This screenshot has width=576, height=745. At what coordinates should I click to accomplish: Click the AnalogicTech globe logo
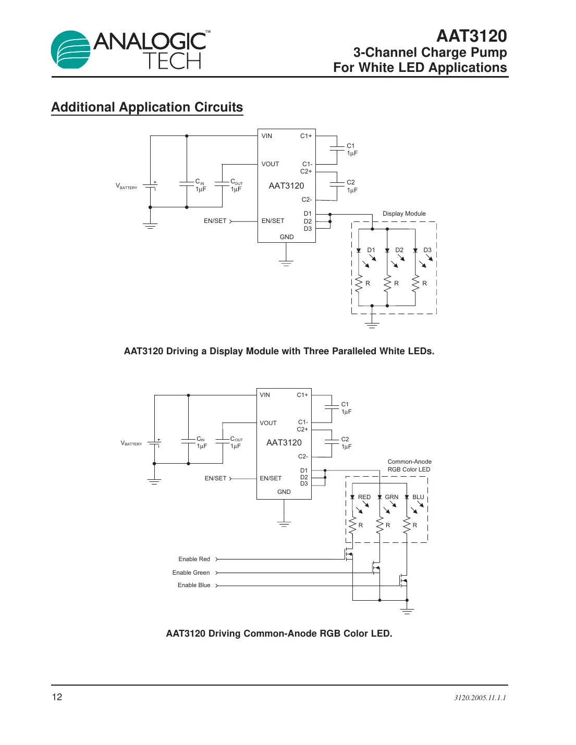(71, 49)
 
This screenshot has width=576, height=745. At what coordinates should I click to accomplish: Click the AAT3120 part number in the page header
(471, 36)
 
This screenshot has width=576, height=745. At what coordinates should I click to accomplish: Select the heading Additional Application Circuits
(147, 107)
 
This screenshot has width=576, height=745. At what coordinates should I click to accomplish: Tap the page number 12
(57, 697)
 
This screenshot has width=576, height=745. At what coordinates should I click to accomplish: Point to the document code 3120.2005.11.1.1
(480, 698)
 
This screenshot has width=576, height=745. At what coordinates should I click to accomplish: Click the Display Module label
(404, 214)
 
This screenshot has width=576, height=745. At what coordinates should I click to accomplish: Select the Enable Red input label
(194, 559)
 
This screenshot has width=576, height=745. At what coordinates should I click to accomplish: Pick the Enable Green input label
(191, 573)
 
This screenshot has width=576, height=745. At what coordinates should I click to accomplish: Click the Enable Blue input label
(194, 585)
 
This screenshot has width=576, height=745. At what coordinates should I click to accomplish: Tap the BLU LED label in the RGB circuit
(418, 497)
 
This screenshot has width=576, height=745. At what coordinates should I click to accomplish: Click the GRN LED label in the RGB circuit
(391, 497)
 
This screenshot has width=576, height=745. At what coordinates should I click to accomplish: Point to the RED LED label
(364, 497)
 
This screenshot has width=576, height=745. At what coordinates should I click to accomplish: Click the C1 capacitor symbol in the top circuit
(337, 150)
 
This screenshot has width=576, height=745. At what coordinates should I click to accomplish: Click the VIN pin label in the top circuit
(266, 136)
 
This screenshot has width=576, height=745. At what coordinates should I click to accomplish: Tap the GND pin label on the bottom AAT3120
(284, 492)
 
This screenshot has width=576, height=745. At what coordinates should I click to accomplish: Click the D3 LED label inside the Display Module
(427, 250)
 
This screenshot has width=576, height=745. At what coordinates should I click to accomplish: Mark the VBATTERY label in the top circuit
(126, 186)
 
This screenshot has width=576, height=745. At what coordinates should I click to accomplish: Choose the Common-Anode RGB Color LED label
(409, 465)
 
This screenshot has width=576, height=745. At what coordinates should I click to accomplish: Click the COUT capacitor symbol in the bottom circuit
(223, 442)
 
